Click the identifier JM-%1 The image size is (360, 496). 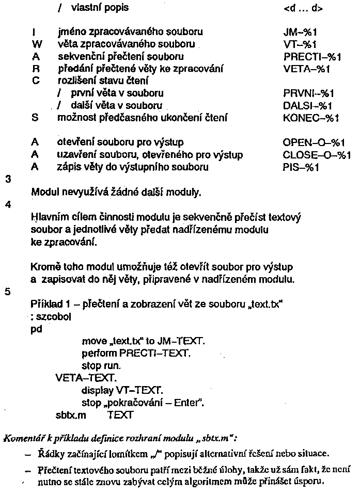[300, 31]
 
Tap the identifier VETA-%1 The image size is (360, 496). [307, 68]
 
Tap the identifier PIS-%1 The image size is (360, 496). [302, 167]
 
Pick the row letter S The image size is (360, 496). [35, 118]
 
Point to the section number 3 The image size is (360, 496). [7, 180]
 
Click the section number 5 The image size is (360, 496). [7, 291]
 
